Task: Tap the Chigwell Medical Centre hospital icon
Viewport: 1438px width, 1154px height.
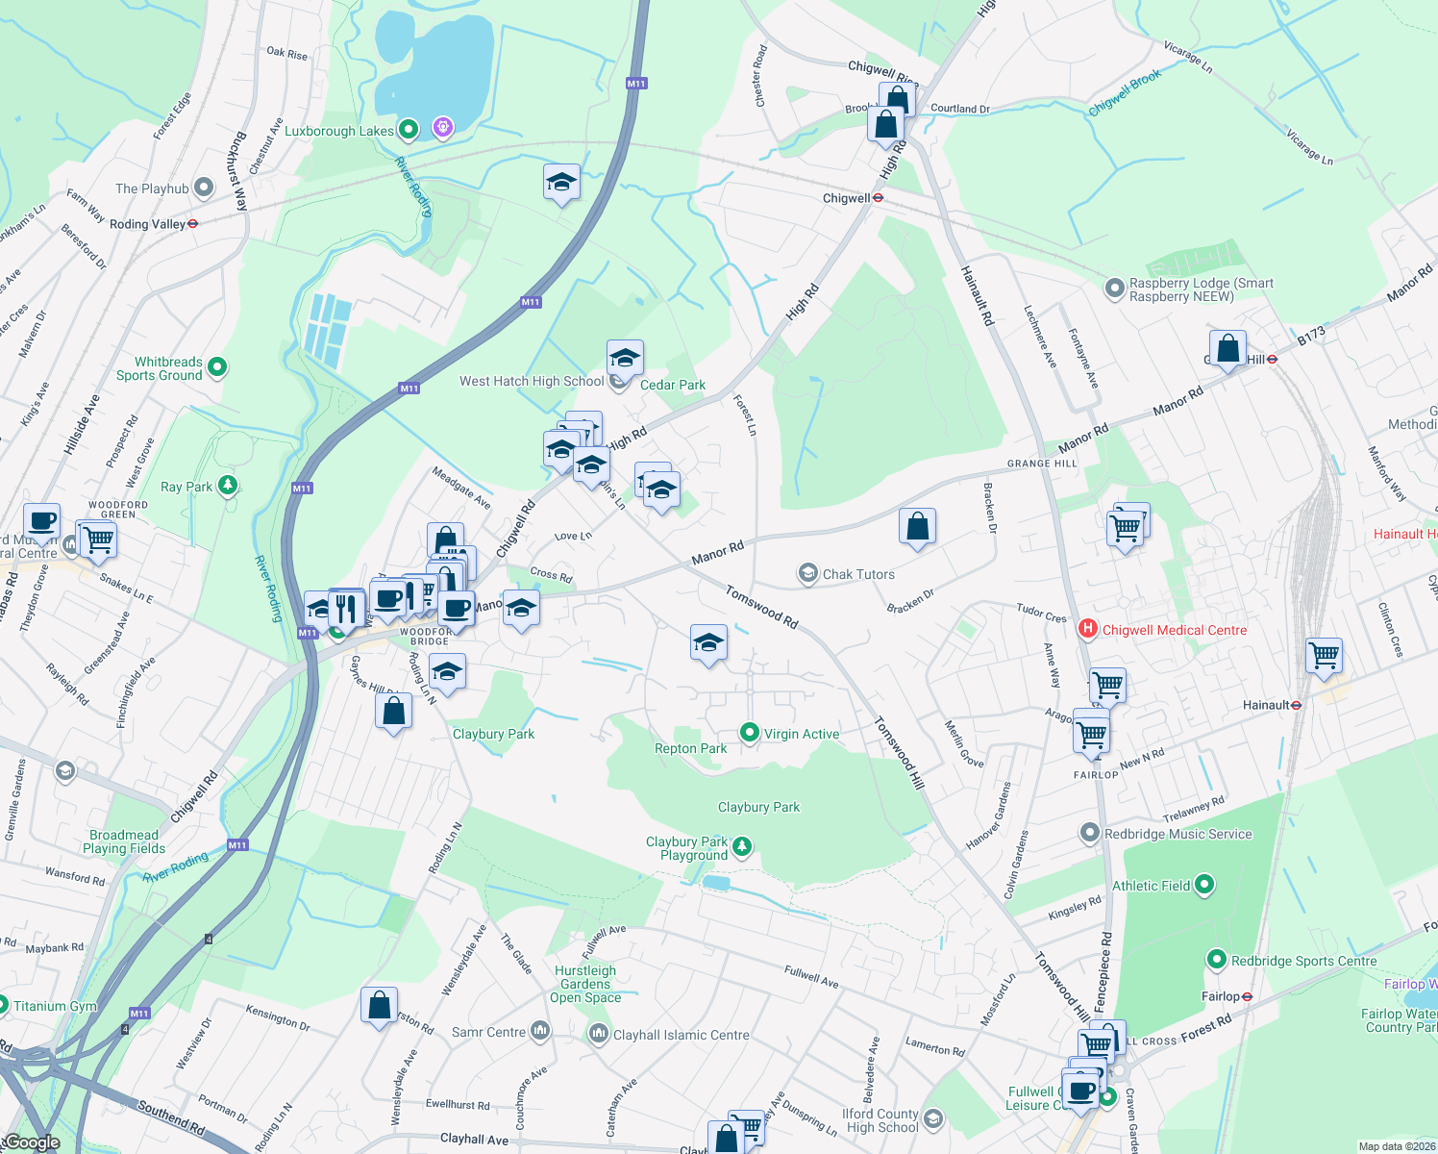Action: (1087, 630)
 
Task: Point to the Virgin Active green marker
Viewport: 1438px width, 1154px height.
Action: (749, 733)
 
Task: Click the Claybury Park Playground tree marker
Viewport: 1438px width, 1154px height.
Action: (741, 846)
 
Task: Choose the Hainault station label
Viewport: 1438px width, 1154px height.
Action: (1265, 705)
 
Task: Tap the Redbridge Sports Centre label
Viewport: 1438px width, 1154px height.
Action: (1303, 961)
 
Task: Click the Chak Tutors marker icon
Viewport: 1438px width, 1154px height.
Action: (807, 574)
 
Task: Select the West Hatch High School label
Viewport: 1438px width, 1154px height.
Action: (532, 381)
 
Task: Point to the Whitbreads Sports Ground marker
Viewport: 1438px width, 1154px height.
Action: (217, 366)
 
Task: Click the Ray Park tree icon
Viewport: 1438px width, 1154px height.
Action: (227, 486)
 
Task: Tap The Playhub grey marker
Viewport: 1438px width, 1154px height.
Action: (204, 188)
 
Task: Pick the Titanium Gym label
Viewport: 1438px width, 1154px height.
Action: (55, 1006)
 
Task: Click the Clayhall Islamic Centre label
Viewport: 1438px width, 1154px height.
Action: (681, 1035)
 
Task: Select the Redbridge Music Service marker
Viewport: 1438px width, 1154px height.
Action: (1089, 833)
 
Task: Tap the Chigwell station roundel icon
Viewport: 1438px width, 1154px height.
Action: (878, 198)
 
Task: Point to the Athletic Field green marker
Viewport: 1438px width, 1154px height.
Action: (1204, 885)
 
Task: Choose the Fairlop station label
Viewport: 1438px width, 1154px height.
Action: (1220, 996)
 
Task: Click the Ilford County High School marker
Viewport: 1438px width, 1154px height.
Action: (932, 1119)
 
